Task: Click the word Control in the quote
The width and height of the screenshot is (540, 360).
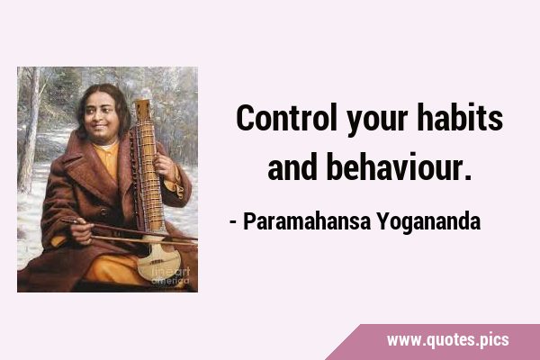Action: [286, 118]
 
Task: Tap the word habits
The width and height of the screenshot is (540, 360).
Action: [460, 118]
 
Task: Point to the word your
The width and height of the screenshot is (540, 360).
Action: [377, 123]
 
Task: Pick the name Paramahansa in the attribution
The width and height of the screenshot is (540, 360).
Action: [307, 221]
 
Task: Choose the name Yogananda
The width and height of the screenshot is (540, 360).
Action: [428, 222]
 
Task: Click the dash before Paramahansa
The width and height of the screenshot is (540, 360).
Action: [233, 223]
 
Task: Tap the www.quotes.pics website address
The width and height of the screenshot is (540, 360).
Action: [447, 340]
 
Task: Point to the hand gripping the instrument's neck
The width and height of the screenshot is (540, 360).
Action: [166, 166]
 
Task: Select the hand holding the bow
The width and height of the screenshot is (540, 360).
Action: [80, 230]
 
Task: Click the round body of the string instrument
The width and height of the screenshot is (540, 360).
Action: [159, 261]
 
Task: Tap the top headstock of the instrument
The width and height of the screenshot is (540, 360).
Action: [142, 109]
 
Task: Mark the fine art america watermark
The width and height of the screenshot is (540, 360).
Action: [170, 276]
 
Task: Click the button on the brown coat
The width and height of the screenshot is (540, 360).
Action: [103, 211]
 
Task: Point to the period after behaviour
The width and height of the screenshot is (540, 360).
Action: [467, 177]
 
